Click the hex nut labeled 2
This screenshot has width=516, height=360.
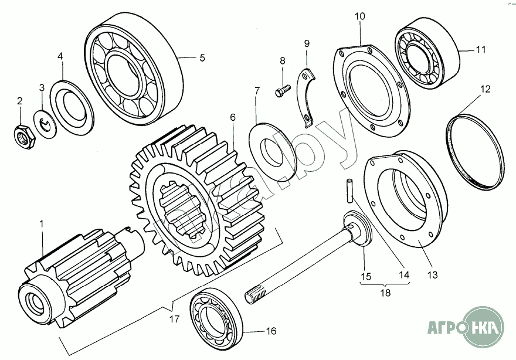coord(24,136)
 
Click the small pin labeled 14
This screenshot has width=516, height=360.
coord(350,188)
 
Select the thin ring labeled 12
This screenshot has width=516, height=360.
coord(476,151)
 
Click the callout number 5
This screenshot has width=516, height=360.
coord(202,58)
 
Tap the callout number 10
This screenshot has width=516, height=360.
coord(359,16)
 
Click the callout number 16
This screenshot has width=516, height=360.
coord(271,331)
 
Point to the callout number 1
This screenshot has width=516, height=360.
coord(41,224)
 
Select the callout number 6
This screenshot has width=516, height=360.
coord(233,118)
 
